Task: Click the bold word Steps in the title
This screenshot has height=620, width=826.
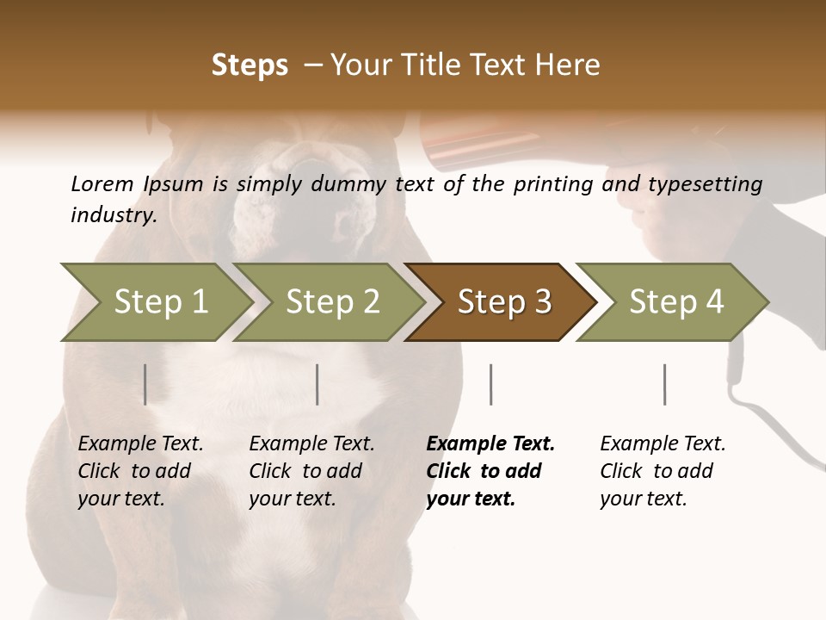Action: pos(250,65)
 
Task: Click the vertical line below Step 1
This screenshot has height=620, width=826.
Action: pos(145,384)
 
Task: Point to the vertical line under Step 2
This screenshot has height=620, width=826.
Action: pos(317,384)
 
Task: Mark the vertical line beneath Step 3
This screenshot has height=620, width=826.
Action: pos(490,384)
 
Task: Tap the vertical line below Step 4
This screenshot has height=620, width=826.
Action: pos(664,384)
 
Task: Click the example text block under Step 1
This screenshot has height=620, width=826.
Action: pos(140,471)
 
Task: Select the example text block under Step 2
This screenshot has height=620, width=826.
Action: pos(311,471)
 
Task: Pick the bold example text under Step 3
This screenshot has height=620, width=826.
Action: pos(490,471)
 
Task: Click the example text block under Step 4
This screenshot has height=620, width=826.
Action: pos(663,471)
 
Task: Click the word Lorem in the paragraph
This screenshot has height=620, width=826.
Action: pos(102,183)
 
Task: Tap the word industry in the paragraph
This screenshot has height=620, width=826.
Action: pos(112,215)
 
